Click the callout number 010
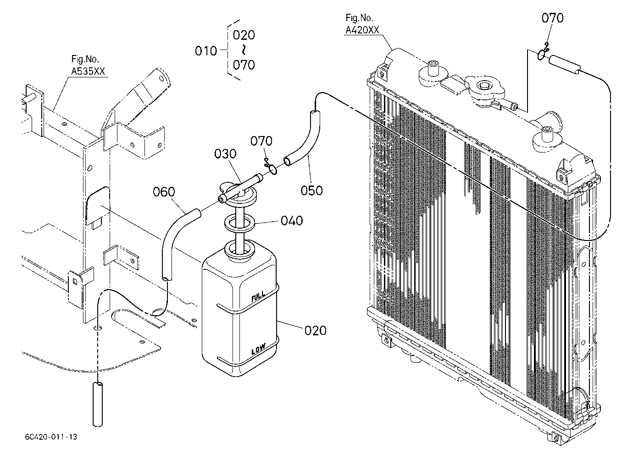pos(205,51)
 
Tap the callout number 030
pos(225,154)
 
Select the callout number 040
pos(292,221)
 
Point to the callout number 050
pos(311,191)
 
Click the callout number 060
pos(164,192)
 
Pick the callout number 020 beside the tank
pos(316,331)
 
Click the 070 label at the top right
pos(552,18)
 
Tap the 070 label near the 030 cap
pos(261,141)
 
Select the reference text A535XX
pos(88,71)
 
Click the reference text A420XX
pos(362,30)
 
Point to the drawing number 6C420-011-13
pos(51,437)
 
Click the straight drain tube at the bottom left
pos(98,404)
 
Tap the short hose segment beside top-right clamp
pos(565,65)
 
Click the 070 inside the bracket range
pos(244,65)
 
